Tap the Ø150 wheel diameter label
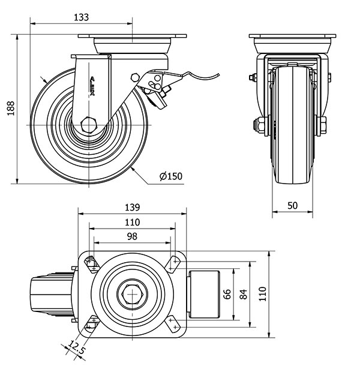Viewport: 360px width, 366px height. click(171, 176)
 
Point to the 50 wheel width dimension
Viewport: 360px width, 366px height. click(293, 205)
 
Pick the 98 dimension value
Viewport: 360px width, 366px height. click(131, 236)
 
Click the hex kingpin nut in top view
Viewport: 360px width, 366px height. click(131, 295)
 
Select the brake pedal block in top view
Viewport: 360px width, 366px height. click(206, 294)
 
